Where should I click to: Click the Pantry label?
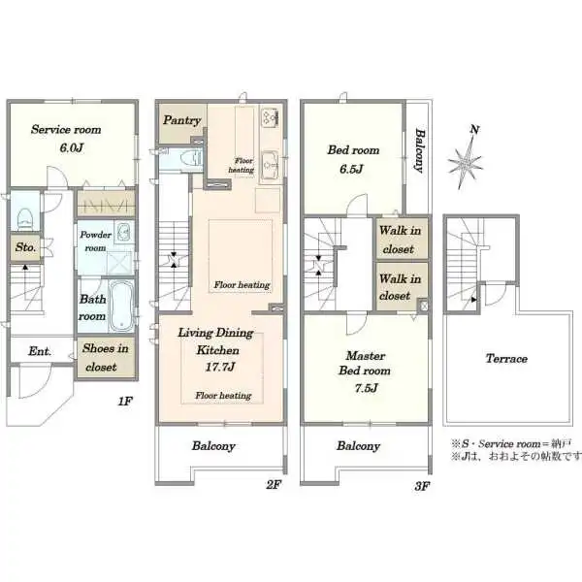[x=182, y=120]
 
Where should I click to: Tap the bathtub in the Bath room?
[x=121, y=306]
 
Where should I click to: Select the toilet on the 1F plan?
[x=25, y=218]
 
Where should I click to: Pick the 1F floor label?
[x=125, y=402]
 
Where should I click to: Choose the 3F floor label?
[x=422, y=486]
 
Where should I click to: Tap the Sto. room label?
[x=25, y=247]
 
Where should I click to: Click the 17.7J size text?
[x=220, y=367]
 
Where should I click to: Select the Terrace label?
[x=506, y=359]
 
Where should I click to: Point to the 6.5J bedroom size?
[x=351, y=169]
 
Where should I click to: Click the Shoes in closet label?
[x=106, y=357]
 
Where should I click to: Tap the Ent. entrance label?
[x=40, y=351]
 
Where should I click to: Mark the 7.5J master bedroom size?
[x=366, y=388]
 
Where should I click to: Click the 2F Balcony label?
[x=213, y=446]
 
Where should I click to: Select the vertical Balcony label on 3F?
[x=419, y=150]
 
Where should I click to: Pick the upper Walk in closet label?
[x=400, y=240]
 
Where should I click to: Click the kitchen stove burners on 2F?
[x=270, y=117]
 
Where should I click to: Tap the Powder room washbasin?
[x=123, y=233]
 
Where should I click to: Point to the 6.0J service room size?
[x=71, y=148]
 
